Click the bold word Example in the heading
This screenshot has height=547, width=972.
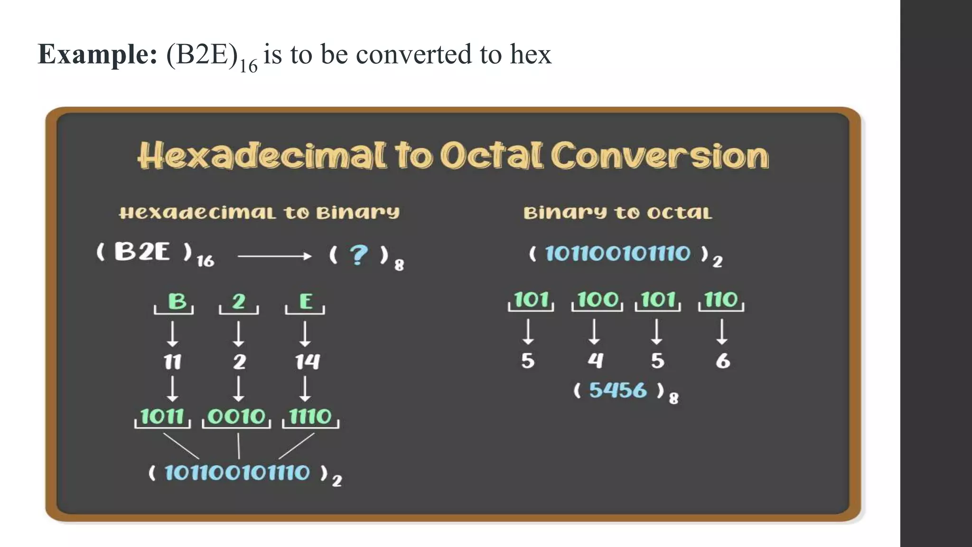pyautogui.click(x=98, y=54)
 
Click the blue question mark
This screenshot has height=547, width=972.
pyautogui.click(x=358, y=255)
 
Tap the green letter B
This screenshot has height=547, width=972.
pyautogui.click(x=178, y=301)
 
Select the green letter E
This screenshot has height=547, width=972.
pyautogui.click(x=306, y=301)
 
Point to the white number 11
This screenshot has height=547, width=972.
pyautogui.click(x=173, y=362)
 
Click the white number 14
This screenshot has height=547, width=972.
pyautogui.click(x=307, y=362)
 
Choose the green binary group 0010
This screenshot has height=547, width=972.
pyautogui.click(x=236, y=416)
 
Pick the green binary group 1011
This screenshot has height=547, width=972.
pyautogui.click(x=162, y=416)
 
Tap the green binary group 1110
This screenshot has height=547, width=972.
pyautogui.click(x=310, y=416)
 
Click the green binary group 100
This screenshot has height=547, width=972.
pyautogui.click(x=598, y=300)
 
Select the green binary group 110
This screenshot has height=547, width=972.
pyautogui.click(x=721, y=300)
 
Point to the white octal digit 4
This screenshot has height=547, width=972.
pyautogui.click(x=595, y=360)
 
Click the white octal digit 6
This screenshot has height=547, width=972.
pyautogui.click(x=722, y=361)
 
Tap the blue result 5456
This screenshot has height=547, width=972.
pyautogui.click(x=617, y=390)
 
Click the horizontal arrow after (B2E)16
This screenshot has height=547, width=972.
pyautogui.click(x=274, y=256)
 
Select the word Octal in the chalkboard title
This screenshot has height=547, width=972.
pyautogui.click(x=491, y=155)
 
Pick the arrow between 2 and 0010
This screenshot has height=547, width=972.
pyautogui.click(x=239, y=389)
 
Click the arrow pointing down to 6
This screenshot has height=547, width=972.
pyautogui.click(x=722, y=331)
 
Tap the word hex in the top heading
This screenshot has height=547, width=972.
pyautogui.click(x=531, y=54)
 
